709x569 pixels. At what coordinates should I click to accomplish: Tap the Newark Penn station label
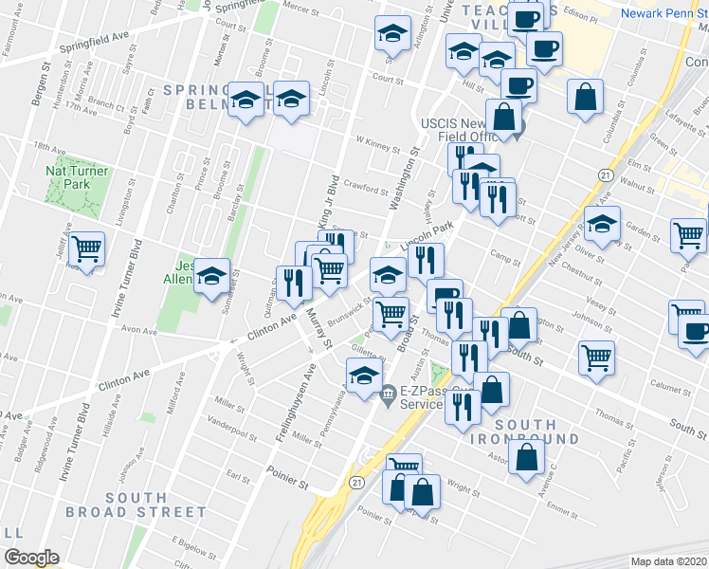[664, 13]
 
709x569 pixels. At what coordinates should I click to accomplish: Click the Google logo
[30, 557]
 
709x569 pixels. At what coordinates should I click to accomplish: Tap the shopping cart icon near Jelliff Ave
[87, 249]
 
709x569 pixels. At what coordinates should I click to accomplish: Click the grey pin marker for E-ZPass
[388, 395]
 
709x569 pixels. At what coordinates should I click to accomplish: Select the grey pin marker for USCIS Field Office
[518, 133]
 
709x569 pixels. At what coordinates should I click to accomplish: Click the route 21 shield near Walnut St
[604, 174]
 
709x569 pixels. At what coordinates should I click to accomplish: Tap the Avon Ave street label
[138, 331]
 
